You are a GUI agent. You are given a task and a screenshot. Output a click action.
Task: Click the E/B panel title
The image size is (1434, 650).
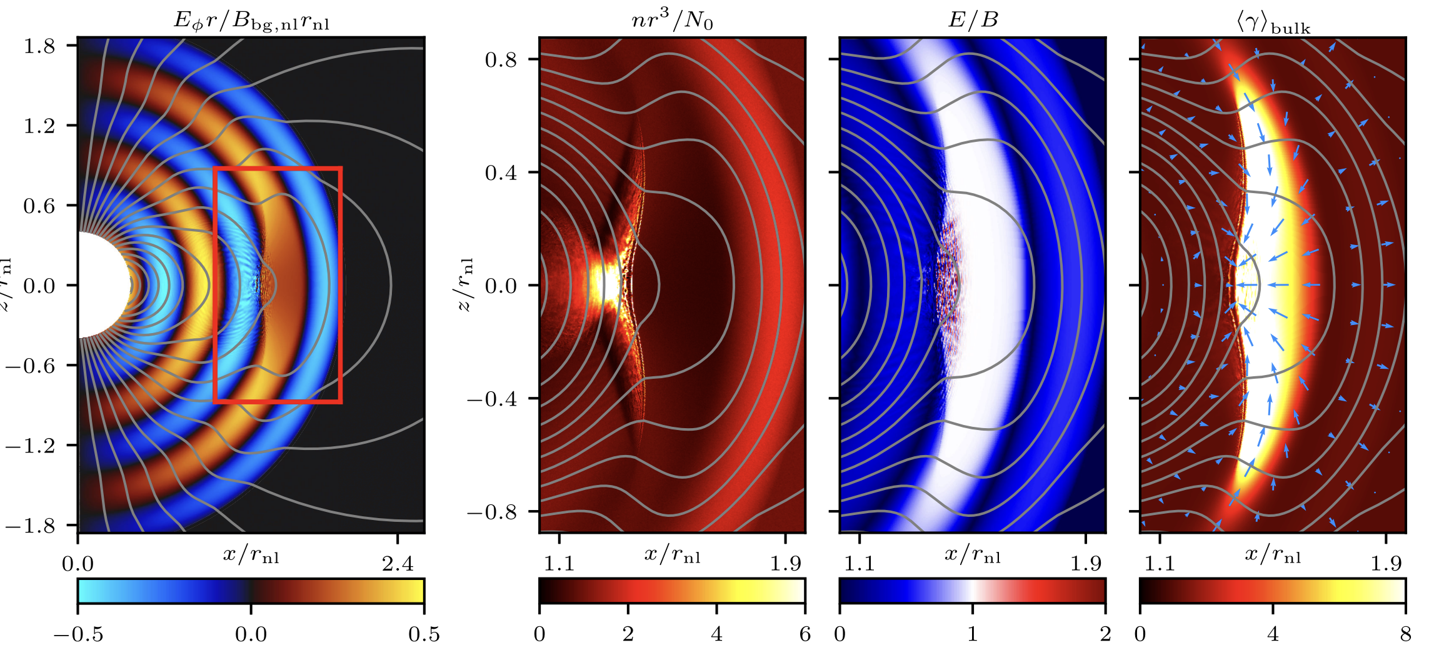click(973, 20)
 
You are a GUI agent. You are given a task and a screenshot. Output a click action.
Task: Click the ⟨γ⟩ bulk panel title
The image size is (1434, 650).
click(1273, 22)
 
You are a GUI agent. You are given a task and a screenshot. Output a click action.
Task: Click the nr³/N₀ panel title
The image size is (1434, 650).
click(672, 20)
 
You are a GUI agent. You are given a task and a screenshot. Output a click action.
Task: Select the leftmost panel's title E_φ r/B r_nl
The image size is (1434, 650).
click(251, 21)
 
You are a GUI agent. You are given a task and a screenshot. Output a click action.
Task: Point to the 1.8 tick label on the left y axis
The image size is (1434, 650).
click(39, 46)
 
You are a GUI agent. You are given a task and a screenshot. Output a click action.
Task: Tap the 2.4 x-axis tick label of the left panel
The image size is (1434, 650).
click(398, 564)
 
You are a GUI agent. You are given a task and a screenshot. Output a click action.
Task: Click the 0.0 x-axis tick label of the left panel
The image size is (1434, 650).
click(78, 564)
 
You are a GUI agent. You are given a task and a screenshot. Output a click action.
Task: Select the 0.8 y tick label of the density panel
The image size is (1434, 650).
click(501, 60)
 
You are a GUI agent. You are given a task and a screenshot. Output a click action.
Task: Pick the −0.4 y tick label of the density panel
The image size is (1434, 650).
click(492, 399)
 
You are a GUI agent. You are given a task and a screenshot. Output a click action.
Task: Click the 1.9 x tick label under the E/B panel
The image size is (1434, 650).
click(1085, 564)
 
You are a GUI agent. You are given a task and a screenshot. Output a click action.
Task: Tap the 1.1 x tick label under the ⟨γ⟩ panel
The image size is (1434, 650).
click(1160, 564)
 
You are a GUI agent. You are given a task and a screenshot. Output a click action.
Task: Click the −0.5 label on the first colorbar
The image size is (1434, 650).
click(78, 634)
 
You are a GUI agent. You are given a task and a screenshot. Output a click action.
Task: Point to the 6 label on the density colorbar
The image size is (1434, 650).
click(805, 634)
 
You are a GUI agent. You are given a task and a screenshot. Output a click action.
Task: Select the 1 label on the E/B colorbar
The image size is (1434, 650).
click(972, 634)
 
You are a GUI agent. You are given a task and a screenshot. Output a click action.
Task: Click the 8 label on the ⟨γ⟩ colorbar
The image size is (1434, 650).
click(1405, 634)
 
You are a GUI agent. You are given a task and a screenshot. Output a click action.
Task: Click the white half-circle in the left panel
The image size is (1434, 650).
click(100, 285)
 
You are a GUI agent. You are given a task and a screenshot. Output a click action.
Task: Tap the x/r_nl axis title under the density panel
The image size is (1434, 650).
click(672, 554)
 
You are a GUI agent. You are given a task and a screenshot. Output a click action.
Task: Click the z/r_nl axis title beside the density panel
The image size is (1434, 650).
click(465, 285)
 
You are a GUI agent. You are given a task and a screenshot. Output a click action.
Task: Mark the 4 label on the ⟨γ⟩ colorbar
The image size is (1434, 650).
click(1273, 634)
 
